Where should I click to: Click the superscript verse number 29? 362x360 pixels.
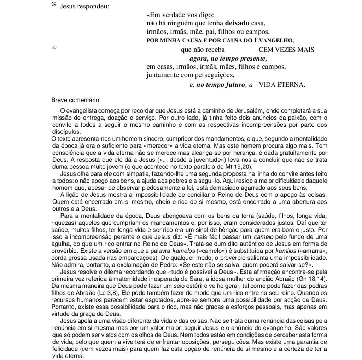coord(53,5)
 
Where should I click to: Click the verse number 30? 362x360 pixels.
coord(54,47)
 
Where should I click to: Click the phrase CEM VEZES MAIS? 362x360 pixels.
coord(286,50)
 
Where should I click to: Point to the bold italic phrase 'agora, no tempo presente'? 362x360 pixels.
coord(227,58)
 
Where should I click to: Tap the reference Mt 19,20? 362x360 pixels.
coord(243,167)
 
